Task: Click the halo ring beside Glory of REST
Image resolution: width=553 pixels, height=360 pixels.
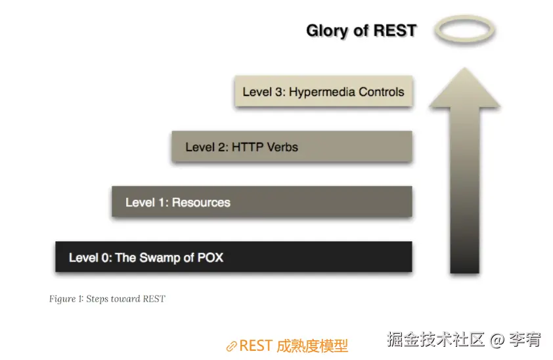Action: coord(466,30)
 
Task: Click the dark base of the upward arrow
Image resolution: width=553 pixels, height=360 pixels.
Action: coord(464,259)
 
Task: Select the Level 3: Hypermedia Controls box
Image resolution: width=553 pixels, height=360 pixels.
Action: coord(323,92)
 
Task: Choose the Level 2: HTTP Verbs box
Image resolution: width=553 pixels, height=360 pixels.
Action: coord(292,146)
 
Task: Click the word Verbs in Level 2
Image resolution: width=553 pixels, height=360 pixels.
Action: coord(282,147)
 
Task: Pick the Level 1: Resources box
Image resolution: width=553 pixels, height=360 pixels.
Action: coord(261,202)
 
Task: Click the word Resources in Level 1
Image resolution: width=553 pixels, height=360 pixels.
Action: coord(201,202)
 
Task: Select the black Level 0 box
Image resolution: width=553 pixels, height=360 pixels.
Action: coord(233,257)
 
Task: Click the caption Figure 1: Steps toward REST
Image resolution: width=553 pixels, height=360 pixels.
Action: coord(107,299)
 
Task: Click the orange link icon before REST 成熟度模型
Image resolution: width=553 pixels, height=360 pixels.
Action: coord(231,346)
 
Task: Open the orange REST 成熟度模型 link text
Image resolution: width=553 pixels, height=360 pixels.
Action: coord(293,346)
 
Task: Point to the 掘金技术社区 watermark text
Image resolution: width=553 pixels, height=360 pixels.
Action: coord(435,340)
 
